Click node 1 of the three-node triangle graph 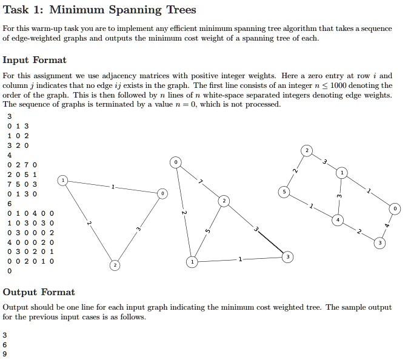tap(63, 180)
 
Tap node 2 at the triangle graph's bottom tap(114, 265)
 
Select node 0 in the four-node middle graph tap(175, 162)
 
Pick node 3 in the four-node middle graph tap(287, 257)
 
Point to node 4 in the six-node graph tap(338, 219)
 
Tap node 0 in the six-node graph tap(395, 209)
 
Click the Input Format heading tap(35, 60)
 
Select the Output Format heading tap(39, 292)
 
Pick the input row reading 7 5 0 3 tap(22, 184)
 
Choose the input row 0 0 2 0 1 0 tap(31, 261)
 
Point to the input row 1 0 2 tap(18, 136)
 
